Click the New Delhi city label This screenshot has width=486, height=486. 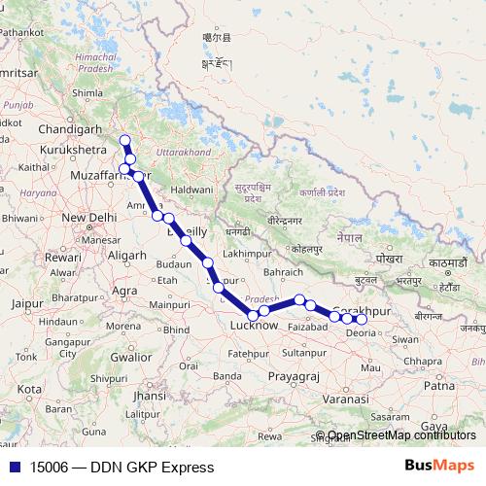click(89, 217)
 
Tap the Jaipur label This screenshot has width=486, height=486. click(27, 303)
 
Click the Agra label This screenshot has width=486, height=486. click(124, 290)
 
